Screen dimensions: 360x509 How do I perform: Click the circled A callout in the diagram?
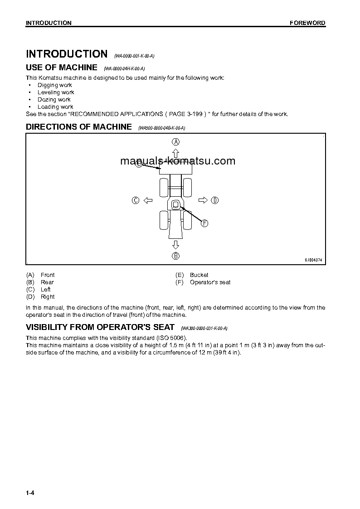(175, 141)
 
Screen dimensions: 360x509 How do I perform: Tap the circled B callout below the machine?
(175, 256)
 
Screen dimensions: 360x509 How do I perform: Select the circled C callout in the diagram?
(135, 200)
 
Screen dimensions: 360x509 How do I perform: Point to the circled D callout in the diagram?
(215, 200)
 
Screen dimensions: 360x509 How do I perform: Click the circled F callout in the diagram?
(204, 223)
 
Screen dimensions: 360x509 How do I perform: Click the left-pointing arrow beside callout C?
(147, 200)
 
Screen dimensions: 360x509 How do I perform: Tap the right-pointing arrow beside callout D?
(203, 200)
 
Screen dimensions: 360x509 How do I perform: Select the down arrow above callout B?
(175, 245)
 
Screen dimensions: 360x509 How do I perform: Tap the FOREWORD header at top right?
(307, 23)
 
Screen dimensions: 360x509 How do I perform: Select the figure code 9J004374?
(313, 260)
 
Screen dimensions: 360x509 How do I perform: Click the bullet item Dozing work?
(54, 100)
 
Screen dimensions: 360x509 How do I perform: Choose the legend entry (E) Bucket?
(192, 275)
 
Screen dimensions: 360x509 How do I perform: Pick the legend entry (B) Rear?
(40, 282)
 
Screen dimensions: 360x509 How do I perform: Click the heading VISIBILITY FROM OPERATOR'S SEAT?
(100, 327)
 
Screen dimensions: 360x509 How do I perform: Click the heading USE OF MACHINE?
(62, 68)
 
